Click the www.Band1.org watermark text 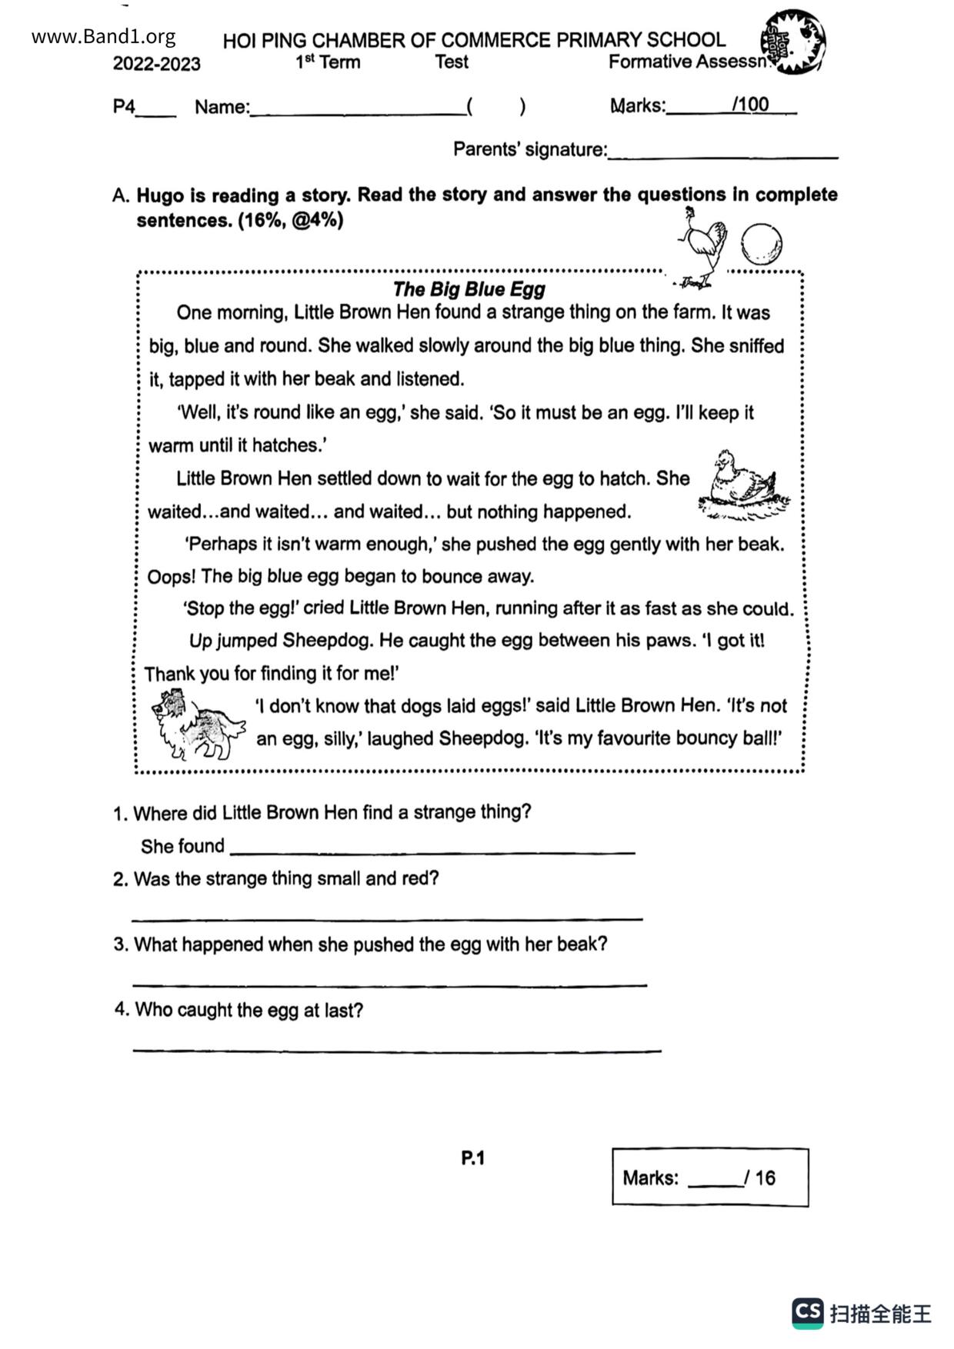coord(103,36)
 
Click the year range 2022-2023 coord(156,64)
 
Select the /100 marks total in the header coord(750,105)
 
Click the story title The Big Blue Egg coord(469,289)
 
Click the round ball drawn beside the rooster coord(762,244)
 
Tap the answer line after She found coord(432,851)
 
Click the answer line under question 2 coord(387,917)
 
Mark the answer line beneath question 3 coord(389,983)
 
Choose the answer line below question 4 coord(396,1048)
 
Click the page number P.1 coord(472,1157)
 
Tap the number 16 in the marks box coord(765,1177)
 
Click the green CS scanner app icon coord(808,1313)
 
